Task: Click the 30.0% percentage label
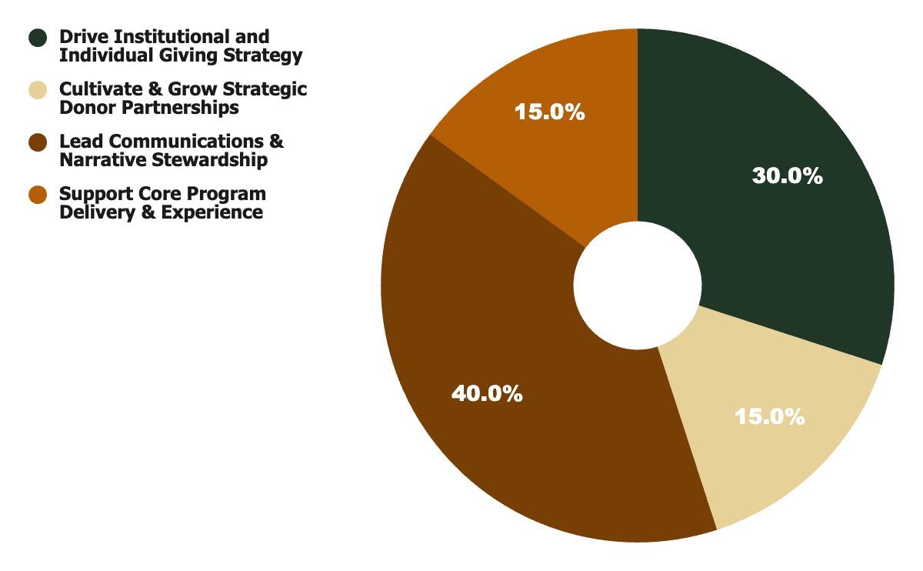(x=787, y=176)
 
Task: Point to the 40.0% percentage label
(x=487, y=394)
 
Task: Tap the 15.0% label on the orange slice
(x=549, y=112)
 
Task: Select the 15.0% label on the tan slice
(x=769, y=417)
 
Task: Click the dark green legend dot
(x=38, y=38)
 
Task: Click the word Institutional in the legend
(x=168, y=37)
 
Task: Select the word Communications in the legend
(x=187, y=142)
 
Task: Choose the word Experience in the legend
(x=214, y=212)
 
